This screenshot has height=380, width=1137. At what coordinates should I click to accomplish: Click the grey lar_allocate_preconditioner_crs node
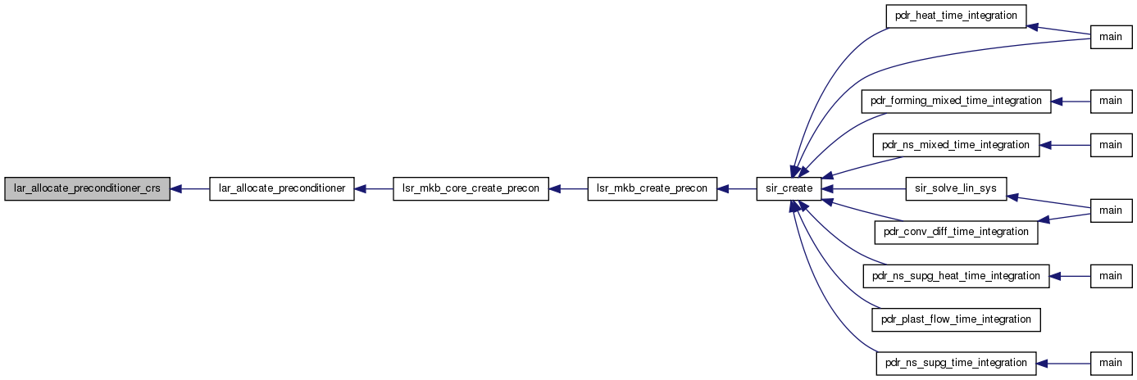[87, 188]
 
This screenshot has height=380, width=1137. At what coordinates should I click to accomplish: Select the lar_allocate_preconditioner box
[282, 188]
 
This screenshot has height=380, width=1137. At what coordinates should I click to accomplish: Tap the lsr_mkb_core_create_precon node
[471, 188]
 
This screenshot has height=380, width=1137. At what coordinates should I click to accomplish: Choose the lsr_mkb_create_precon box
[653, 188]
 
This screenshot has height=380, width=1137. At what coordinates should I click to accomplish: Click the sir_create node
[789, 188]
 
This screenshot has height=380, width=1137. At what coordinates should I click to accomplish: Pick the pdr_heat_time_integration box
[957, 16]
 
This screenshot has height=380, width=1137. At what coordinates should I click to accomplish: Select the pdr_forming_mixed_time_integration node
[957, 102]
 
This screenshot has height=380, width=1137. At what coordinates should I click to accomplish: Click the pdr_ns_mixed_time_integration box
[957, 145]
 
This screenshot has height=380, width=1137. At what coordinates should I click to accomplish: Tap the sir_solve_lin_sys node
[957, 188]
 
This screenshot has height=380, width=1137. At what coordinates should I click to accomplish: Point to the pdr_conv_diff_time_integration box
[957, 233]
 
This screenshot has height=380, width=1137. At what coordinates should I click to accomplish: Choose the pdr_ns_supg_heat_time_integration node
[957, 277]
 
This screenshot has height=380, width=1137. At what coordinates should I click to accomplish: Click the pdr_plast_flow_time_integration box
[957, 320]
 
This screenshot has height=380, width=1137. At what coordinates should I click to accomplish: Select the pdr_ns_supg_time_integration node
[957, 364]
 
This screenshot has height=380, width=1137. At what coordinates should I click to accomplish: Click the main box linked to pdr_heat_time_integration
[1111, 37]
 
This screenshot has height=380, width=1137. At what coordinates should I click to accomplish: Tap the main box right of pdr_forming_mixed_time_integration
[1111, 102]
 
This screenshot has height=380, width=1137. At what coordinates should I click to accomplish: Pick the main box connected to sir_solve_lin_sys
[1111, 210]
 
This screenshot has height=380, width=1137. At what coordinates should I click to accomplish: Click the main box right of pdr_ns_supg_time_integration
[1111, 364]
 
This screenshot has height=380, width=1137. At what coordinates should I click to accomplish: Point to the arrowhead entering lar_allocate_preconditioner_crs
[175, 188]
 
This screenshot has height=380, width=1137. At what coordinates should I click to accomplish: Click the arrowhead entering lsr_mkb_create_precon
[723, 188]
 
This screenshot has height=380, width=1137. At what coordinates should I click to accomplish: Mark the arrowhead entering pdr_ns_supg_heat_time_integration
[1055, 277]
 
